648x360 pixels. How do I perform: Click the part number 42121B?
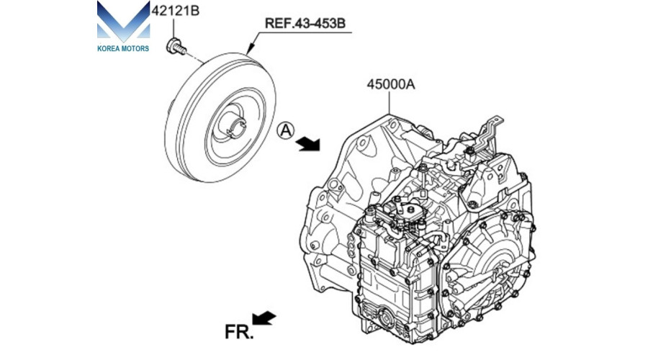[x=176, y=11]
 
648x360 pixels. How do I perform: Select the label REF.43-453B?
[x=305, y=23]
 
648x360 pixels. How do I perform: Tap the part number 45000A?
[x=390, y=84]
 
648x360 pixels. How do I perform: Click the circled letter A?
[x=286, y=130]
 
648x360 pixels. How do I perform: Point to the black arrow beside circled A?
[x=308, y=143]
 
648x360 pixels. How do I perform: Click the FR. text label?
[x=238, y=333]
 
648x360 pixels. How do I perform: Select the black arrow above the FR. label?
[x=264, y=318]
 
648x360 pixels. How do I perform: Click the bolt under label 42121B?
[x=176, y=46]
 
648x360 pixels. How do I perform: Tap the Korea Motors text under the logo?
[x=123, y=48]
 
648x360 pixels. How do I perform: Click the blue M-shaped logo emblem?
[x=123, y=21]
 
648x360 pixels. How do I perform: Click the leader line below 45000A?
[x=389, y=102]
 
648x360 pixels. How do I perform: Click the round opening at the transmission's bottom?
[x=386, y=319]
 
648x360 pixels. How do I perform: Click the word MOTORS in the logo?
[x=134, y=48]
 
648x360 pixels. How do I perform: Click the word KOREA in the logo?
[x=107, y=48]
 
